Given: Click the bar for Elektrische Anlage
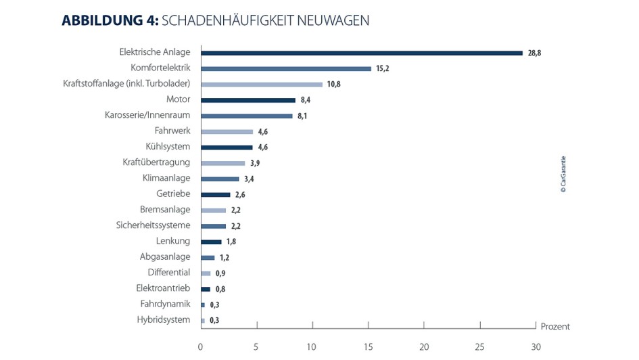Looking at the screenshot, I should pyautogui.click(x=362, y=53).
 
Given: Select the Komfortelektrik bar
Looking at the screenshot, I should pyautogui.click(x=286, y=68).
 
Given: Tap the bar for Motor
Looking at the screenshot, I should pyautogui.click(x=248, y=100).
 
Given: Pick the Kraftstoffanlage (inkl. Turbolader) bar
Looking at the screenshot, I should pyautogui.click(x=262, y=84).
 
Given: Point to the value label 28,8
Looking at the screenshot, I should pyautogui.click(x=534, y=53).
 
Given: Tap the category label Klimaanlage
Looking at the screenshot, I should pyautogui.click(x=166, y=178).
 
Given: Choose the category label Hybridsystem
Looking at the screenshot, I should pyautogui.click(x=163, y=319).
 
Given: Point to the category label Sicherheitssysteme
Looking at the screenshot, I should pyautogui.click(x=153, y=225).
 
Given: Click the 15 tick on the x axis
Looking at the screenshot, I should pyautogui.click(x=368, y=346).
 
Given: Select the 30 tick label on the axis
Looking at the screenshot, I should pyautogui.click(x=536, y=346).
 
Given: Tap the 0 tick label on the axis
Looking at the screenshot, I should pyautogui.click(x=201, y=346).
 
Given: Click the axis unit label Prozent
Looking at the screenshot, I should pyautogui.click(x=555, y=326).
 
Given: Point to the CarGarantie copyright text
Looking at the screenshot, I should pyautogui.click(x=563, y=175).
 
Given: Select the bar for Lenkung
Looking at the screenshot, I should pyautogui.click(x=211, y=242).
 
